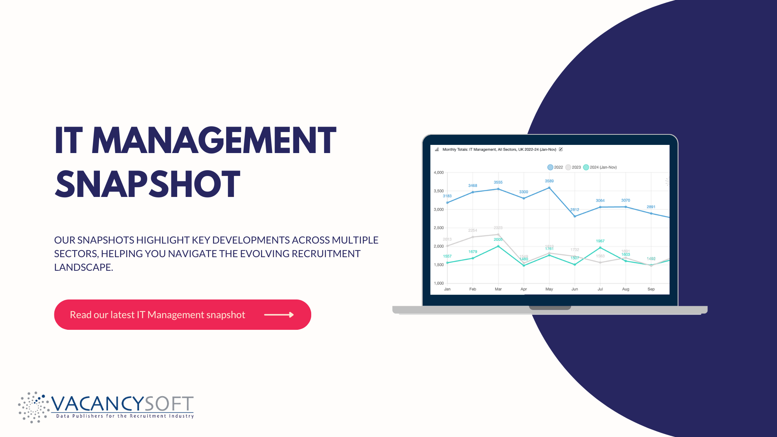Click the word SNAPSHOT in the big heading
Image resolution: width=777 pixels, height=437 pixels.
[x=148, y=184]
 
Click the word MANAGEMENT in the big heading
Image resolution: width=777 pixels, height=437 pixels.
[x=214, y=141]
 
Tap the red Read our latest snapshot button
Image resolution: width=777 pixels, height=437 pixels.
[x=182, y=315]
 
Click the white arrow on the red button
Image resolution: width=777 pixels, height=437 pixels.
[x=279, y=315]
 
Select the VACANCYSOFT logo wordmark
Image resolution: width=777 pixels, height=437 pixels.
[x=122, y=404]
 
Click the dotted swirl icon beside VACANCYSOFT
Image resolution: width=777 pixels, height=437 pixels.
[x=33, y=407]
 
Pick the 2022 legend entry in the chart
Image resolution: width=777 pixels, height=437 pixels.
[x=555, y=167]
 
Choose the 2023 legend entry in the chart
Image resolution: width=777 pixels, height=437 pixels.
[x=573, y=167]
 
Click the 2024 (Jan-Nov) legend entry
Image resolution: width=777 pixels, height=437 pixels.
[x=600, y=167]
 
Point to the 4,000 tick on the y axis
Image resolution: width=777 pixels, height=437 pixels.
[x=439, y=172]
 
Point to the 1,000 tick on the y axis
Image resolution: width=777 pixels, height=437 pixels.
[x=439, y=283]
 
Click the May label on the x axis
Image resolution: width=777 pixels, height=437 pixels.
[x=549, y=289]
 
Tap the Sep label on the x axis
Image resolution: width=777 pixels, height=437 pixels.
[x=651, y=289]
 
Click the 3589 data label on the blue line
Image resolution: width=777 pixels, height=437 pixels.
[x=549, y=181]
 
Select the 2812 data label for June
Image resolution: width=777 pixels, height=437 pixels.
[x=575, y=210]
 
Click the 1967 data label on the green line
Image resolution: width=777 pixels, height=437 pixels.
[x=600, y=241]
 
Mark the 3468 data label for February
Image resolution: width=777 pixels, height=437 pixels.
[x=472, y=186]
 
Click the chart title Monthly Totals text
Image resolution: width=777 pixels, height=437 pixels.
[x=499, y=150]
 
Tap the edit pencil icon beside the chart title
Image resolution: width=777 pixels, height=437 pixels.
[x=561, y=149]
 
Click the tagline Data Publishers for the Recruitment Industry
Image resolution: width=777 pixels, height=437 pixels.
[x=125, y=416]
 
